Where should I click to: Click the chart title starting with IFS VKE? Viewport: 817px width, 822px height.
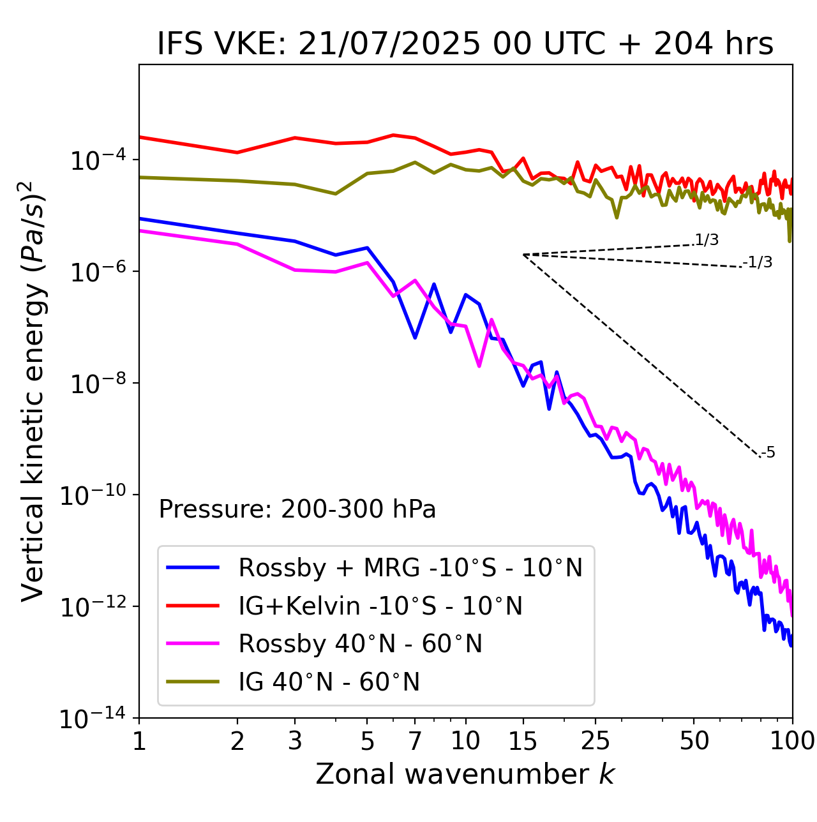pos(465,44)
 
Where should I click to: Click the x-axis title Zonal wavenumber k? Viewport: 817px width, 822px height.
pos(465,774)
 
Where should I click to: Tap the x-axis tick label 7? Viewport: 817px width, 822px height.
pos(415,741)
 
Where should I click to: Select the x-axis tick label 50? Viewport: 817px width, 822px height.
pos(694,741)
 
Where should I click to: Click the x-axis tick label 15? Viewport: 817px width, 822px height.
pos(523,741)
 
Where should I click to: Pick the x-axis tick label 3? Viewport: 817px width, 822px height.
pos(295,741)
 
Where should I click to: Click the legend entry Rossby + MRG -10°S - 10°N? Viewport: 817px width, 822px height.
pos(410,567)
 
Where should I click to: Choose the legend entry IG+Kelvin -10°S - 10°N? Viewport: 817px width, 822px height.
pos(380,606)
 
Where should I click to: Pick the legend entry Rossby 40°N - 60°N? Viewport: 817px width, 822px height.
pos(360,644)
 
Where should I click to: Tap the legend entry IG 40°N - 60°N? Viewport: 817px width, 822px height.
pos(329,682)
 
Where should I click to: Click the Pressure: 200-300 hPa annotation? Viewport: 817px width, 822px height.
pos(297,509)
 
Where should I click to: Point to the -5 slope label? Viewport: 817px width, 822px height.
pos(768,453)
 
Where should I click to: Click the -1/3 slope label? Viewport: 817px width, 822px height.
pos(758,262)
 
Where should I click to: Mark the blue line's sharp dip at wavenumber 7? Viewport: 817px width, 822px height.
pos(415,337)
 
